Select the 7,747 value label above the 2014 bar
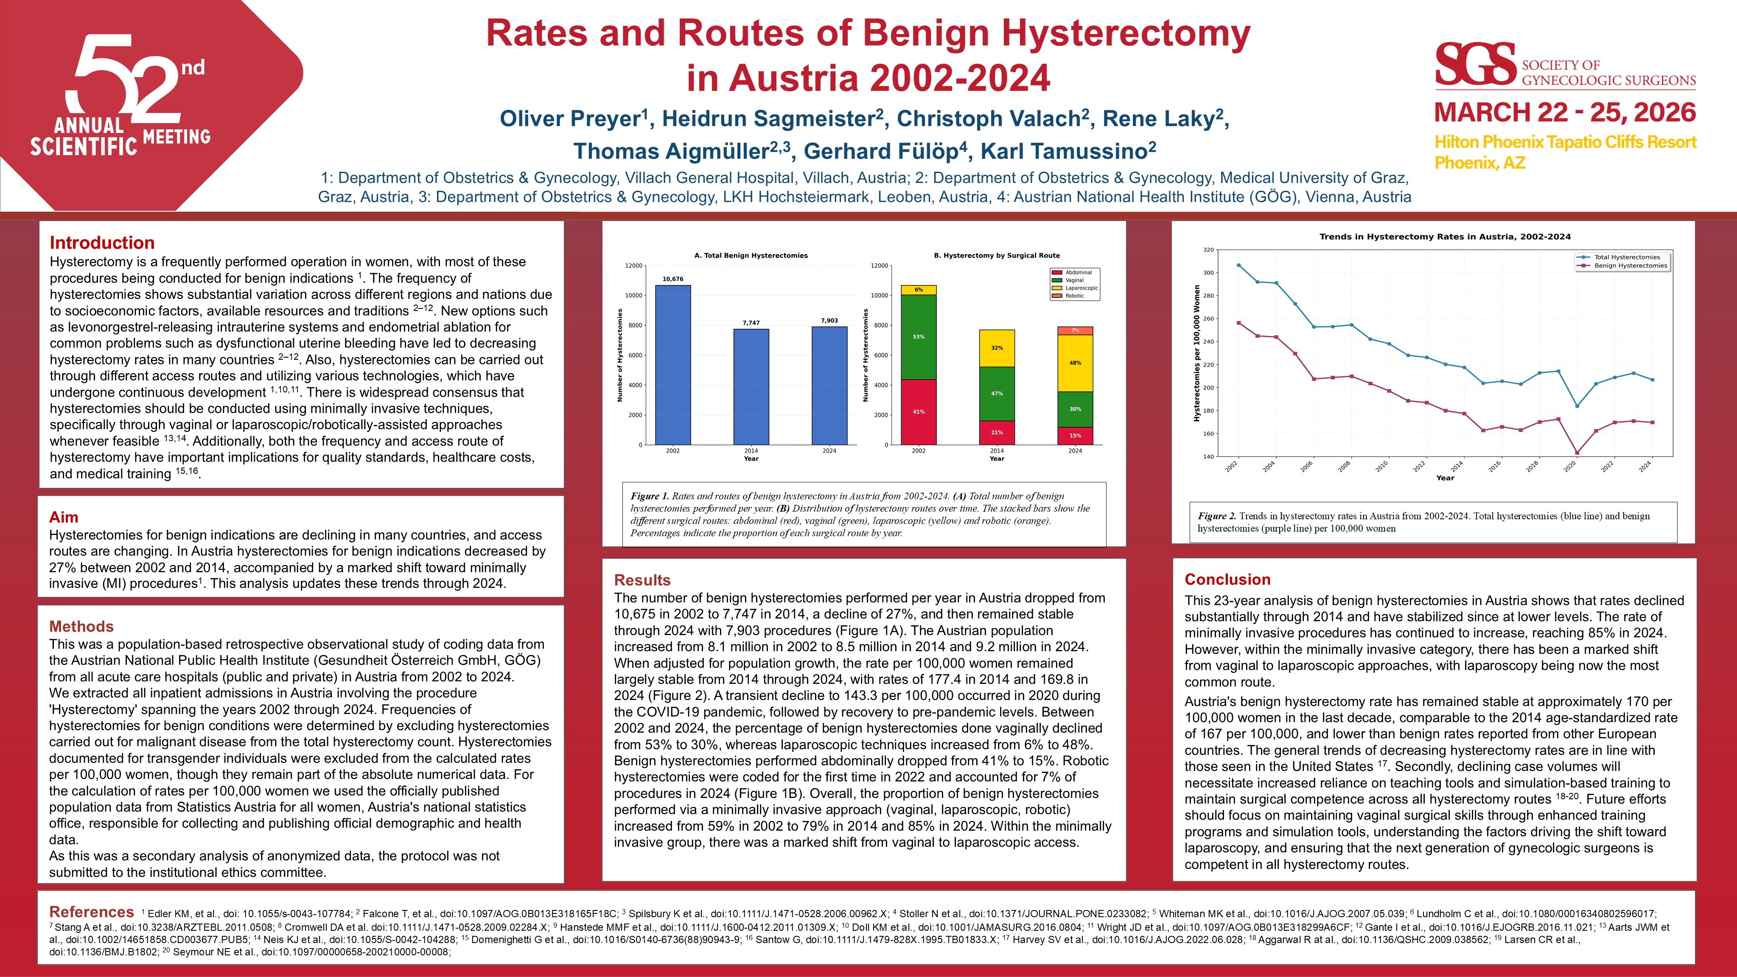coord(751,323)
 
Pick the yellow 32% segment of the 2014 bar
coord(997,348)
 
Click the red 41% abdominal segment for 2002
coord(919,412)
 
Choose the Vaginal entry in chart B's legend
coord(1074,280)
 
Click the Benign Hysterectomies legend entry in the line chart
coord(1630,266)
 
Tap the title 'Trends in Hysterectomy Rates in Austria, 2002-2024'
coord(1444,237)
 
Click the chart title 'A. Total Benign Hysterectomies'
coord(751,255)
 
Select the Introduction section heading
coord(102,243)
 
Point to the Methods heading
coord(81,627)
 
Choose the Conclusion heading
coord(1227,579)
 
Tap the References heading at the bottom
coord(92,912)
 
